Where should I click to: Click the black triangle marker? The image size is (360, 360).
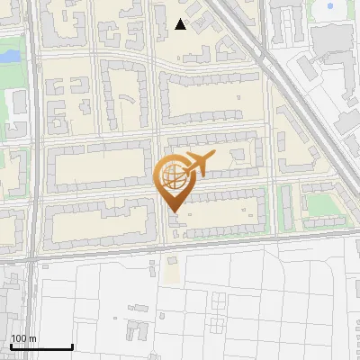(x=181, y=24)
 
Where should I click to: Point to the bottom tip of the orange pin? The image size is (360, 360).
(x=173, y=211)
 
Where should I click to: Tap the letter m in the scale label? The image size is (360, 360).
(x=32, y=339)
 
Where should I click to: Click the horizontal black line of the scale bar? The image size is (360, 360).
(x=41, y=346)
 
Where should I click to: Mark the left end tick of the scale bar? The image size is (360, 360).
(x=11, y=345)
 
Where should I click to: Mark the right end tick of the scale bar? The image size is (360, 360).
(x=72, y=345)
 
